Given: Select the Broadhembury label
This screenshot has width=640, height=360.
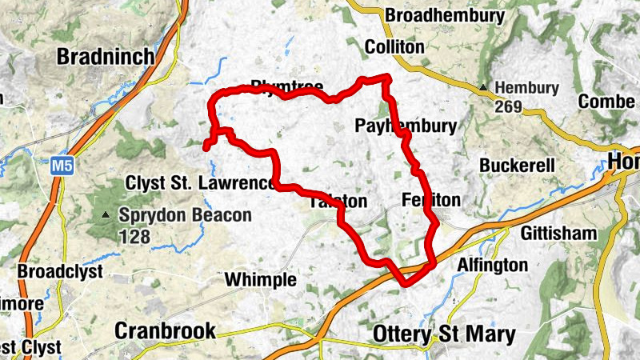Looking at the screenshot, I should [445, 16].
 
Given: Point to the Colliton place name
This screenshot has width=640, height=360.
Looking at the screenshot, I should [394, 48].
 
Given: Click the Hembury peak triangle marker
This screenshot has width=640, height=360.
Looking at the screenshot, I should [483, 87].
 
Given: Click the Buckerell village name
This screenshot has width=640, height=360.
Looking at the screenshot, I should [517, 166].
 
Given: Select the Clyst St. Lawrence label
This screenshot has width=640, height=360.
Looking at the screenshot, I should [199, 183].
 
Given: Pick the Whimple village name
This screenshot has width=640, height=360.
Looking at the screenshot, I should [260, 280].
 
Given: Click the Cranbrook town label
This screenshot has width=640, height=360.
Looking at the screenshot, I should [166, 331].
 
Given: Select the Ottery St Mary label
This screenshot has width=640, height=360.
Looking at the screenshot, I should [444, 334].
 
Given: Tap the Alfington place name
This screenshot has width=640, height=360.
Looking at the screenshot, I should [492, 265].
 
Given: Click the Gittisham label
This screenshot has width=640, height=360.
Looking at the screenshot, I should [559, 234].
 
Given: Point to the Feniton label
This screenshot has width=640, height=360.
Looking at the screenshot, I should [432, 200].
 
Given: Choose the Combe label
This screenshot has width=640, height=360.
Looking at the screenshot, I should [606, 102].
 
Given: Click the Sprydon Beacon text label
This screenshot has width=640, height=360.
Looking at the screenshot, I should [185, 215].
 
